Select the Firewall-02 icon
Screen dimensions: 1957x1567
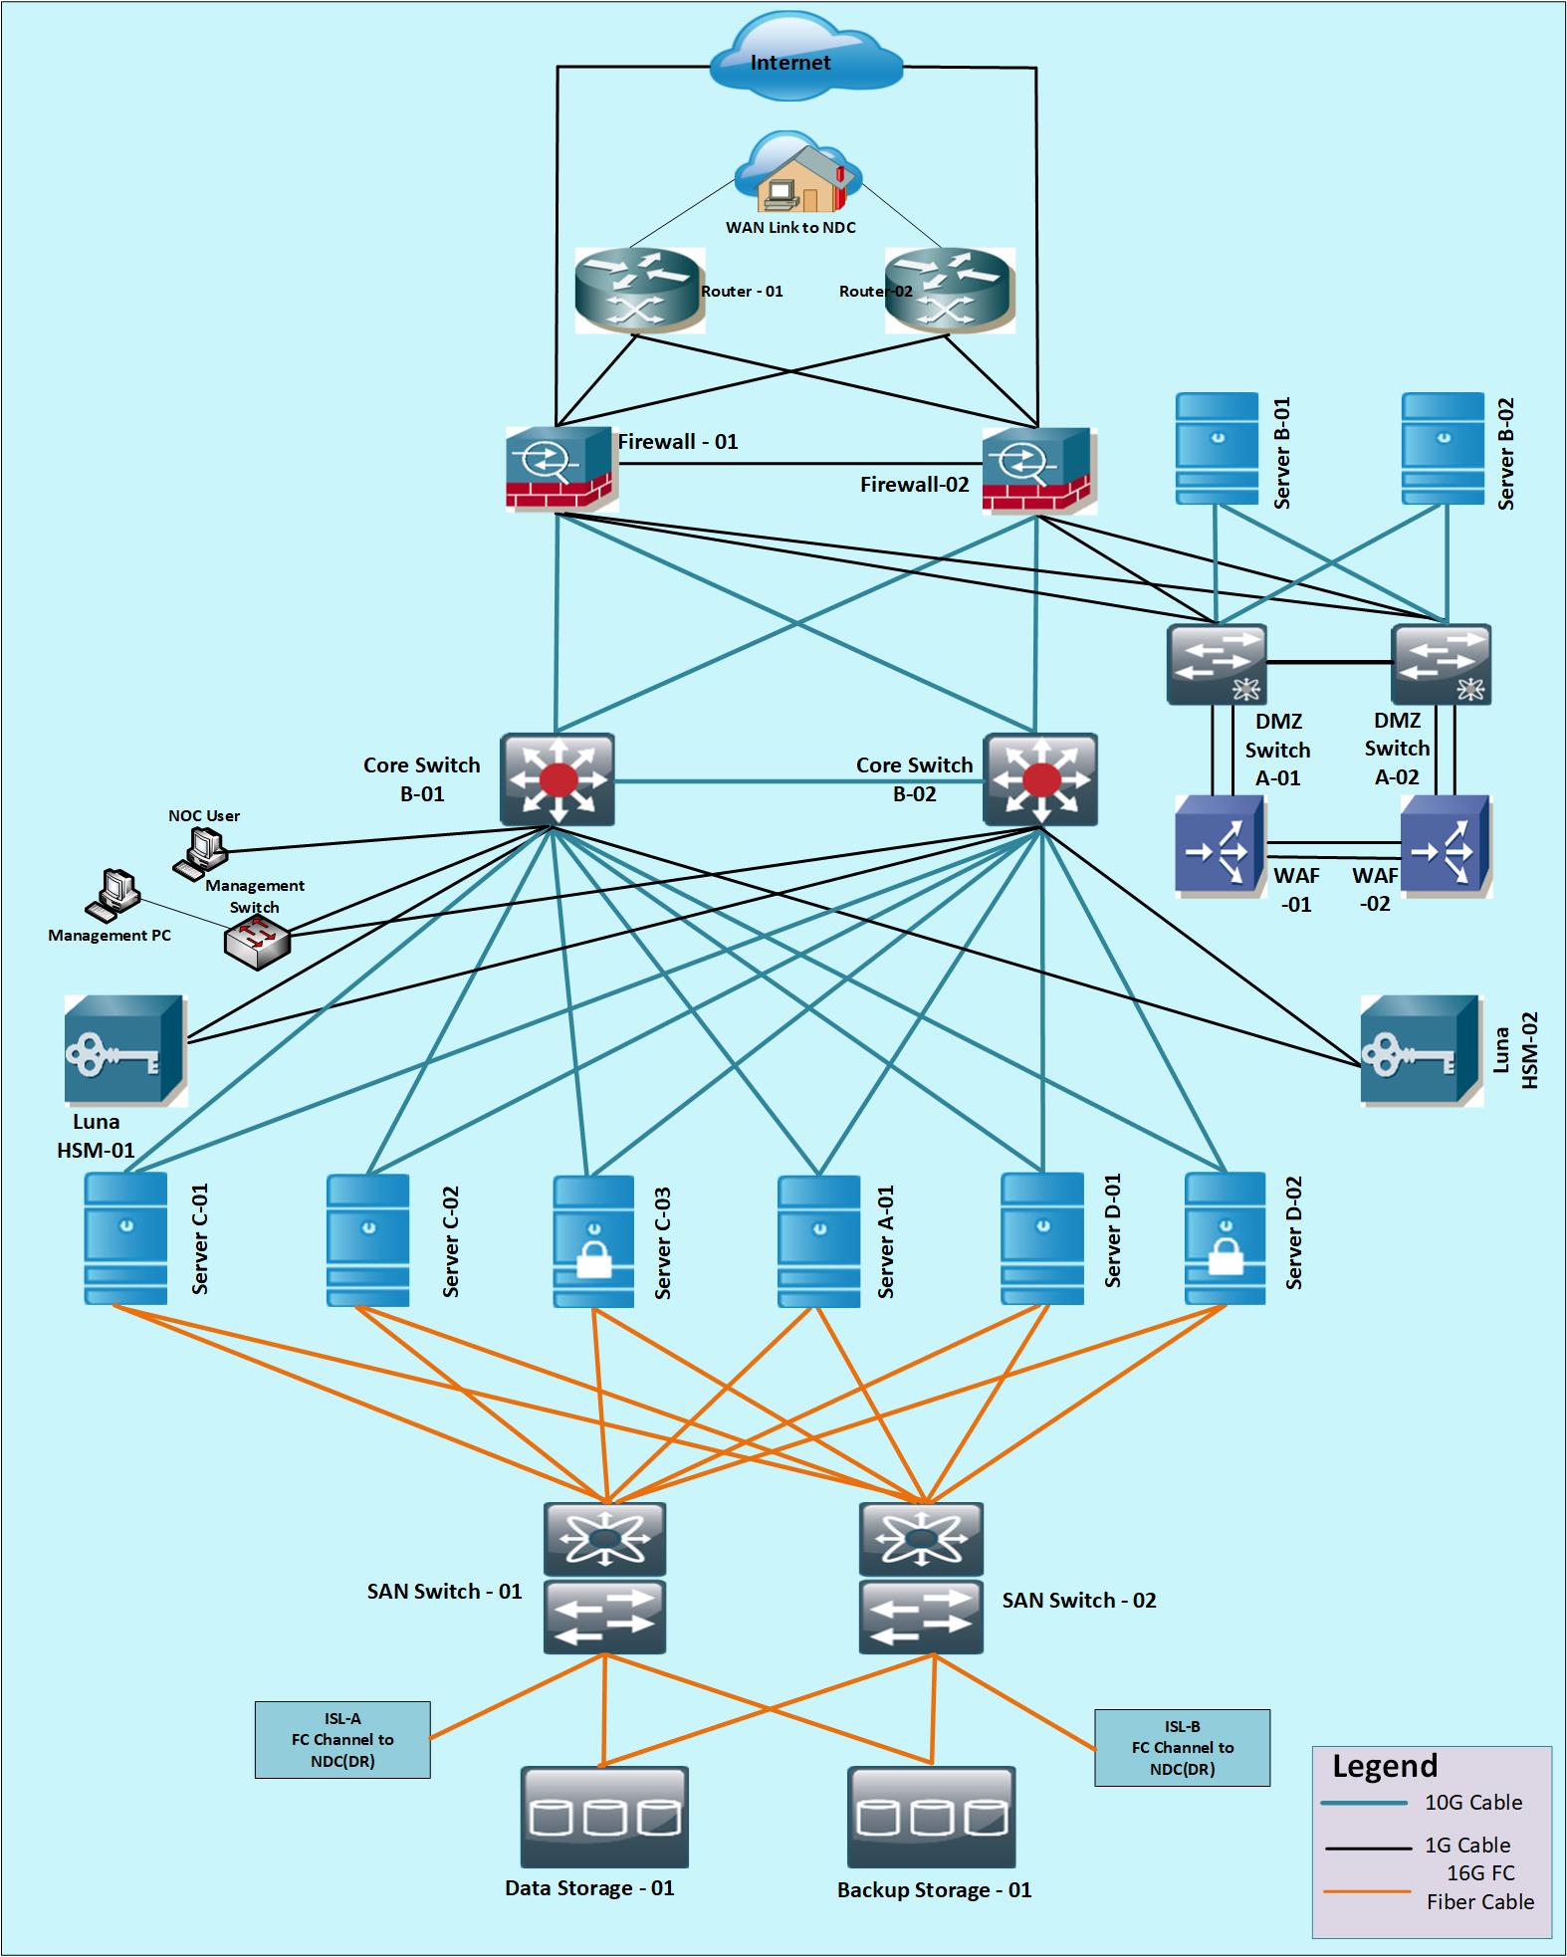click(x=1037, y=469)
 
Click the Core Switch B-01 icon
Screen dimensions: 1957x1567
click(x=557, y=779)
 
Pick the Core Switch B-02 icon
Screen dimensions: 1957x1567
click(x=1040, y=779)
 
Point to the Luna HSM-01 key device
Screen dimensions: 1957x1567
click(x=124, y=1050)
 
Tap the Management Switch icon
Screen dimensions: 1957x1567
click(x=257, y=942)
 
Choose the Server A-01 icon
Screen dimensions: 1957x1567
click(x=818, y=1240)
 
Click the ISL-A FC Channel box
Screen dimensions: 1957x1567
click(x=342, y=1740)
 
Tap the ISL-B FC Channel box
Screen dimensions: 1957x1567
click(x=1182, y=1748)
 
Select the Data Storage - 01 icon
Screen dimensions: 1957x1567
click(x=604, y=1817)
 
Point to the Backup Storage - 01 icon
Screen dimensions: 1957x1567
click(x=931, y=1817)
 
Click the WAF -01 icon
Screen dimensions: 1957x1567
click(x=1220, y=845)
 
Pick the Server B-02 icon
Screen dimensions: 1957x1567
click(x=1443, y=448)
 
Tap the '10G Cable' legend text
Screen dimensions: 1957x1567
click(x=1472, y=1803)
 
